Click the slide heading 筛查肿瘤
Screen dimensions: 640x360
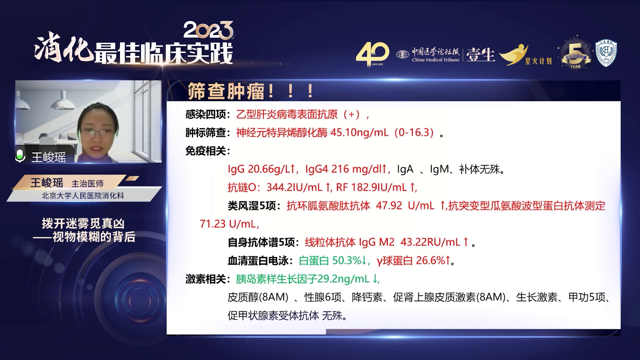coord(226,91)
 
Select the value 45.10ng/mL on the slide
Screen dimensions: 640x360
coord(359,133)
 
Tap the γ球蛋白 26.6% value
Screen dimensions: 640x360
coord(411,260)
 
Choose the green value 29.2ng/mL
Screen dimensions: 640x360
coord(343,279)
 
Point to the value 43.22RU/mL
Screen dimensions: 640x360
coord(430,242)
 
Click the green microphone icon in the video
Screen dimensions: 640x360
coord(20,156)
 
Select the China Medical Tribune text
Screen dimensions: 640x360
coord(435,60)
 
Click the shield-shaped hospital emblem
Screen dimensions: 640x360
coord(606,53)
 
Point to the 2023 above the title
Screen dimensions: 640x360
coord(208,30)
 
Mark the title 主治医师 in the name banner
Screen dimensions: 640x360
coord(87,184)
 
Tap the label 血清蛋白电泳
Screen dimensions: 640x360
coord(258,261)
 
